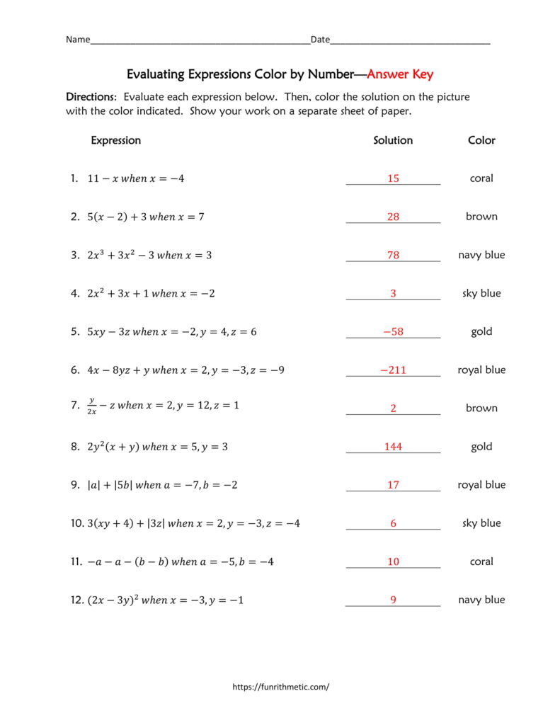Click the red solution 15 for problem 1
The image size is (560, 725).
[393, 178]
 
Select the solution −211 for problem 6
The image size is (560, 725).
[393, 370]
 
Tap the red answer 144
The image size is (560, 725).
[393, 447]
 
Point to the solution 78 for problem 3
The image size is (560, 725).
[393, 255]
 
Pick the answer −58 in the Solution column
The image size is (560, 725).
[393, 331]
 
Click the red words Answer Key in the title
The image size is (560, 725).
[400, 74]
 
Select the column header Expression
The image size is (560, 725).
[115, 140]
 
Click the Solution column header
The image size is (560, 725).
[393, 140]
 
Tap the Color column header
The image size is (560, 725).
[481, 140]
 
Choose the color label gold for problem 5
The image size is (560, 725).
[481, 331]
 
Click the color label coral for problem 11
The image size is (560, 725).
[481, 561]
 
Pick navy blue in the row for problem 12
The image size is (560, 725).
[481, 600]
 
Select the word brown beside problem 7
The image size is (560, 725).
[481, 408]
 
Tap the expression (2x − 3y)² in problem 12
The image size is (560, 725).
[113, 600]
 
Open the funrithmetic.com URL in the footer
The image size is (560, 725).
[281, 687]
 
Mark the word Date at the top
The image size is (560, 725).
[320, 40]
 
